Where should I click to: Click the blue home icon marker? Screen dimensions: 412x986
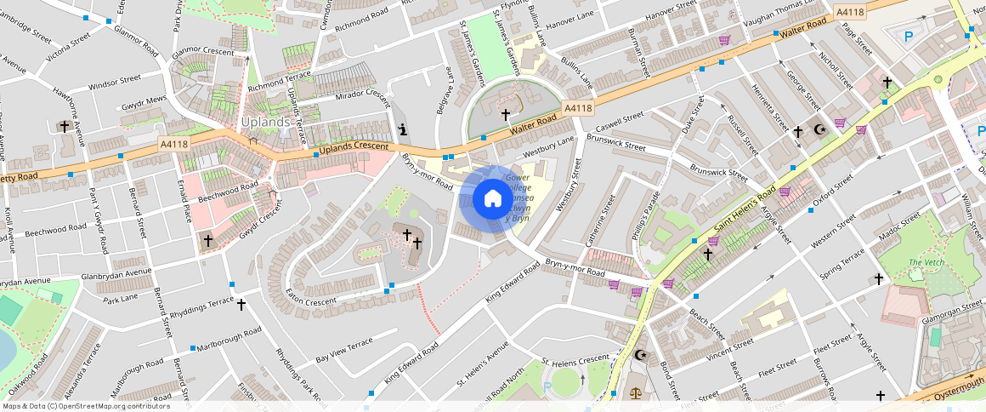click(x=492, y=199)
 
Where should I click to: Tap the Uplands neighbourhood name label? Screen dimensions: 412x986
click(x=266, y=122)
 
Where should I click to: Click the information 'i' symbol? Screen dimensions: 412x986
click(x=402, y=129)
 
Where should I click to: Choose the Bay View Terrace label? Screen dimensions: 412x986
click(x=344, y=349)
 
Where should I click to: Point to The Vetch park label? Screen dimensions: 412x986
click(x=926, y=262)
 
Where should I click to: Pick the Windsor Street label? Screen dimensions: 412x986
click(x=114, y=83)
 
